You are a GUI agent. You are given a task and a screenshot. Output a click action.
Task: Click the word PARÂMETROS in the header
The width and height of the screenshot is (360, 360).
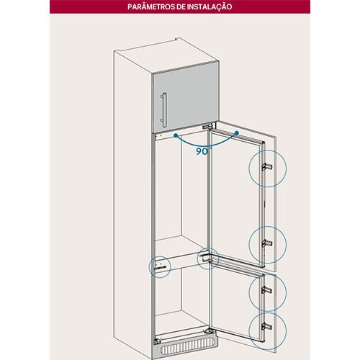click(x=151, y=6)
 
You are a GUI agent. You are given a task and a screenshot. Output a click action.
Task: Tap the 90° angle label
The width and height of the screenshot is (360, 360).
click(x=202, y=151)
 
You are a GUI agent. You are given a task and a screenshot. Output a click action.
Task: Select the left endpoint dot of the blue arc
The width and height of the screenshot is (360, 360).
click(x=176, y=135)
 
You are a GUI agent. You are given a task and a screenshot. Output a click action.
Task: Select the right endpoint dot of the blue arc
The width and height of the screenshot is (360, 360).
click(x=237, y=132)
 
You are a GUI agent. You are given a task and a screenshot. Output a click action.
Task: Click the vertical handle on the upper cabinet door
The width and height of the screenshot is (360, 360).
click(x=164, y=109)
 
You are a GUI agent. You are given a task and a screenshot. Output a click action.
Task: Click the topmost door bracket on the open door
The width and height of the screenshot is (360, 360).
click(x=267, y=167)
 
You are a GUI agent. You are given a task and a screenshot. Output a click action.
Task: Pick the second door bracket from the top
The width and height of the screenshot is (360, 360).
click(x=267, y=243)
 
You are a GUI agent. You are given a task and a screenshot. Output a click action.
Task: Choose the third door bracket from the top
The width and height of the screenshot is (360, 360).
click(x=267, y=290)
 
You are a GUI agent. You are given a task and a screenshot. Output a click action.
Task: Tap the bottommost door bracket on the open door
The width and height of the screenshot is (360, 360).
click(x=267, y=326)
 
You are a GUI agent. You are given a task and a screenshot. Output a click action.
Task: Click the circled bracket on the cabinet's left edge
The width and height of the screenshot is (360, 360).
click(x=160, y=265)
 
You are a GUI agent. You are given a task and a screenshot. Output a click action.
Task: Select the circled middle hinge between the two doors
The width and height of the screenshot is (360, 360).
click(x=207, y=258)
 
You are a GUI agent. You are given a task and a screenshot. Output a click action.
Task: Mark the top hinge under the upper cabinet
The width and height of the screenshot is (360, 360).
click(x=207, y=127)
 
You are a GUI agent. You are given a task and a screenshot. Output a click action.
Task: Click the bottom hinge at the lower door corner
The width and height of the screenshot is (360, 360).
click(x=209, y=330)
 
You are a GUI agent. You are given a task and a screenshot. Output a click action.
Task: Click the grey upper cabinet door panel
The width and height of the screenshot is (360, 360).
click(x=186, y=97)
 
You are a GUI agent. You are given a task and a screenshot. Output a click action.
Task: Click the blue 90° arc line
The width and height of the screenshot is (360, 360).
click(x=206, y=145)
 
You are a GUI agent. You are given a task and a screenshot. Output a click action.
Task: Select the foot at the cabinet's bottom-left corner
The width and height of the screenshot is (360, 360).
click(x=158, y=341)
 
